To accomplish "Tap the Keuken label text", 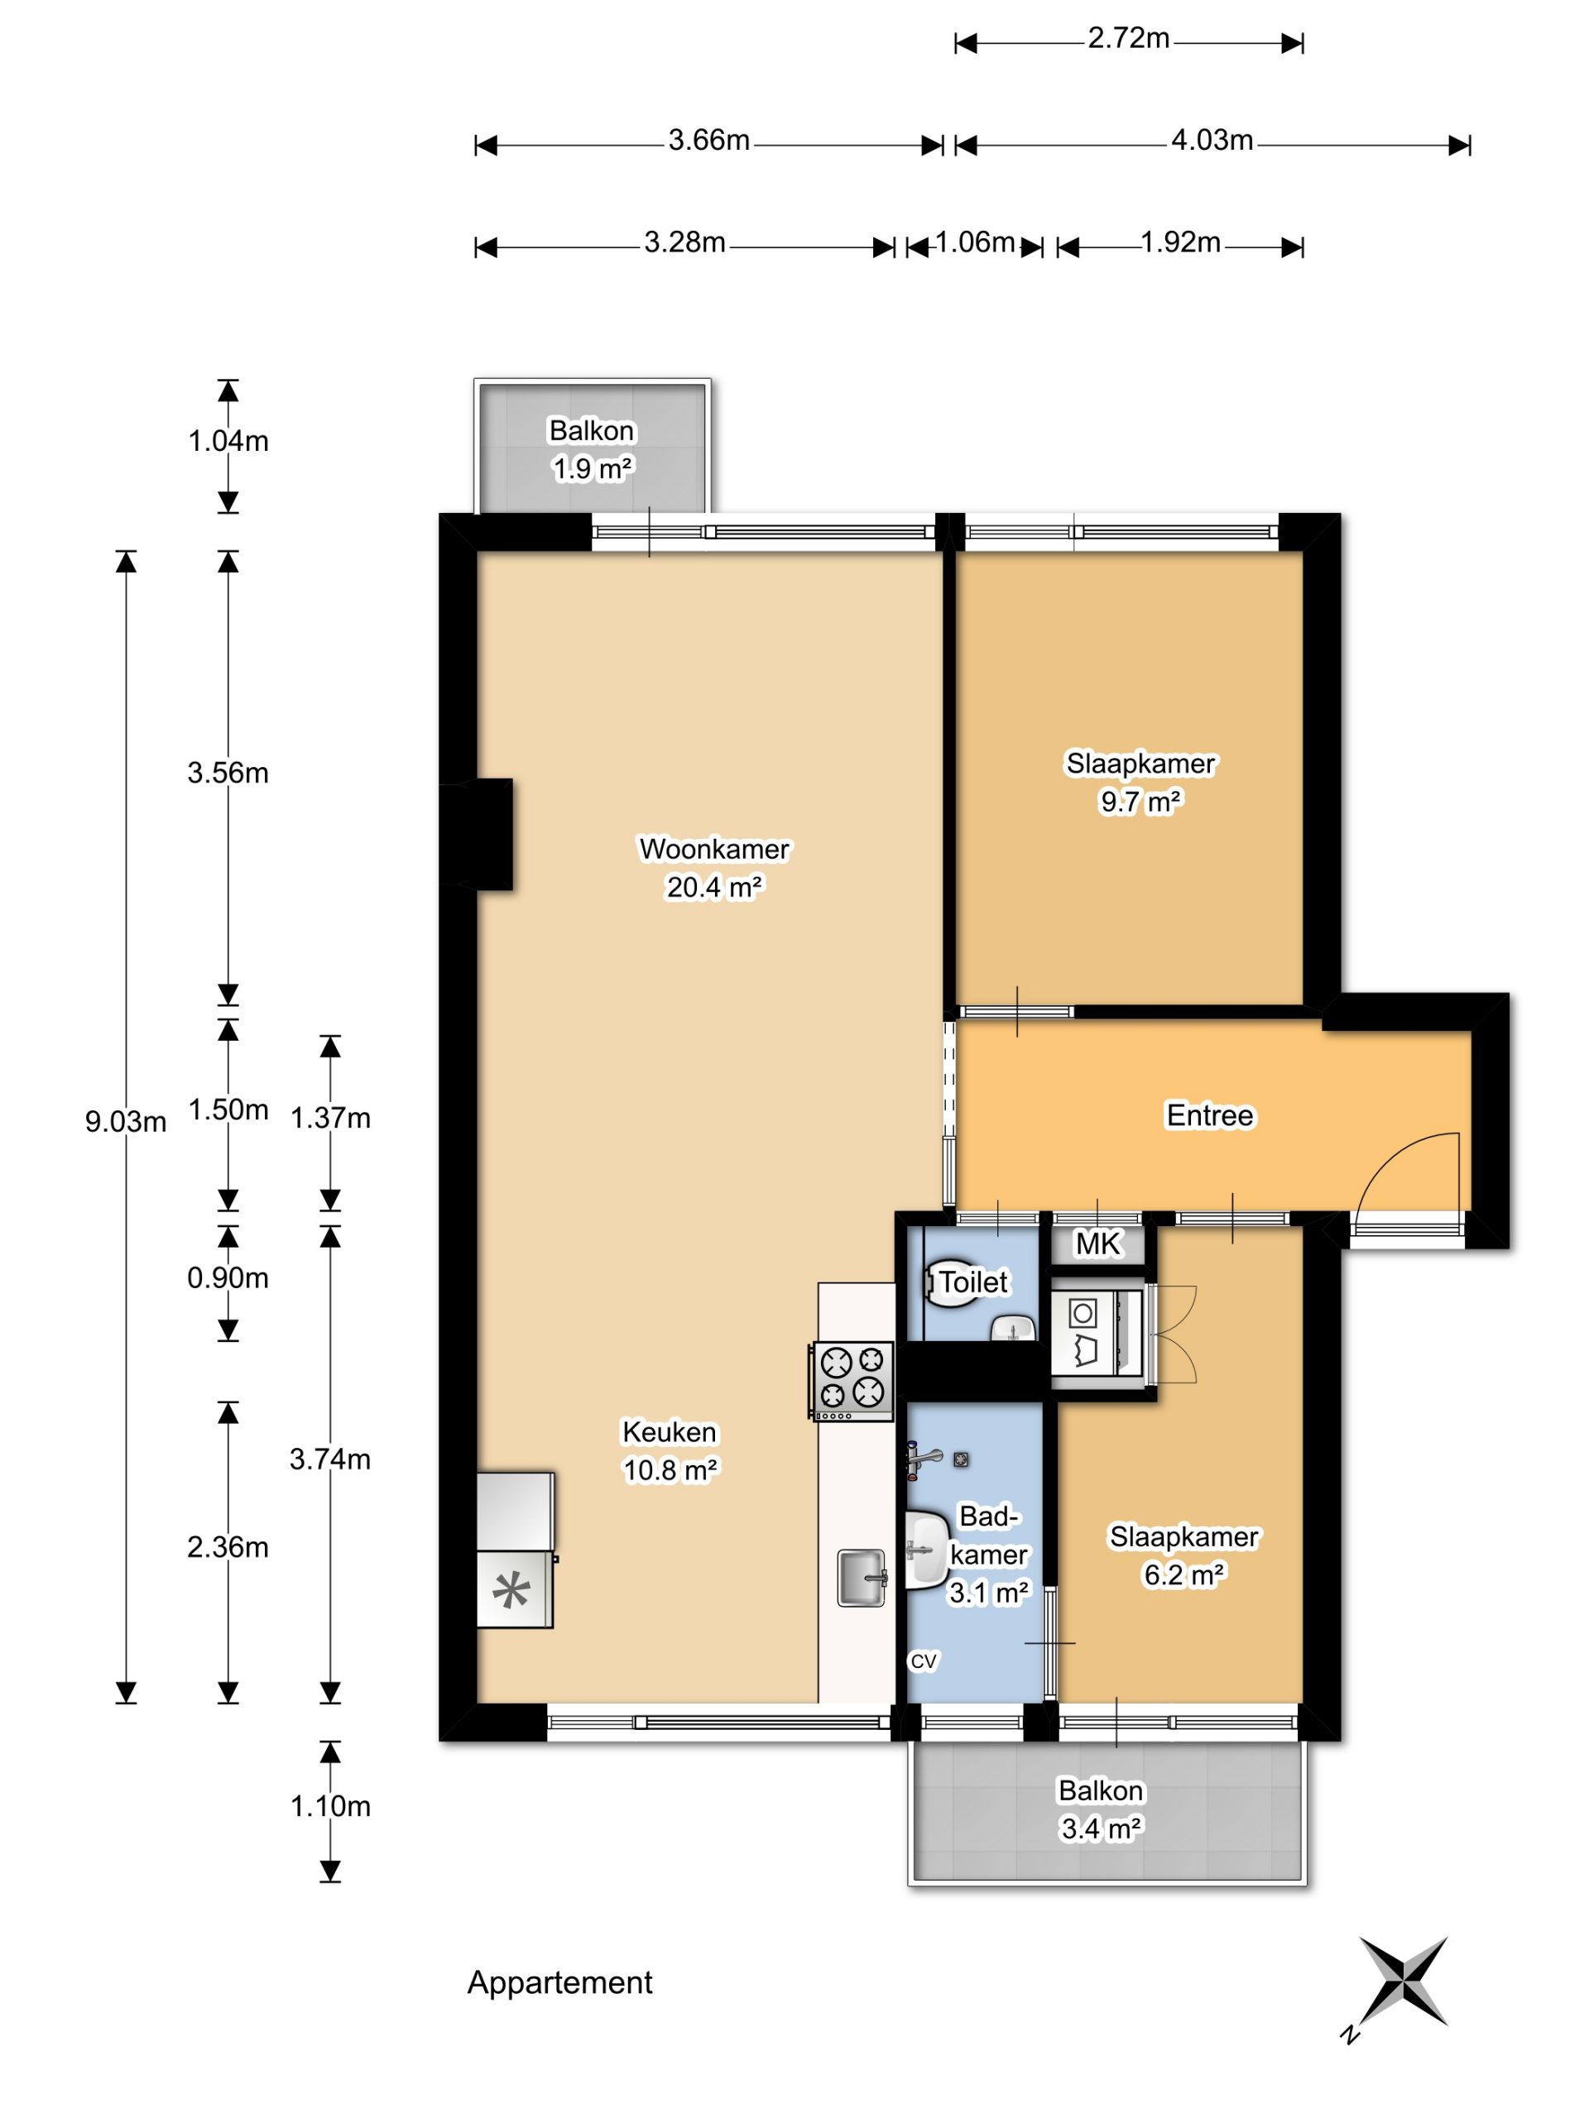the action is [x=670, y=1431].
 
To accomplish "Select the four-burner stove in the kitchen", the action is [x=852, y=1380].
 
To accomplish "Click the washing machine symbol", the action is [x=1096, y=1332].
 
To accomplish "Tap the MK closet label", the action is [x=1097, y=1243].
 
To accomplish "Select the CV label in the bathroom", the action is [x=923, y=1661].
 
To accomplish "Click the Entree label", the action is [x=1209, y=1115].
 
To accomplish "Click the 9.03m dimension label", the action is [x=126, y=1121].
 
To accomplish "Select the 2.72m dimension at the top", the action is [x=1128, y=38].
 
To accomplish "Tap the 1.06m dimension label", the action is [x=974, y=242].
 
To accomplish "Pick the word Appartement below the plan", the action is [x=559, y=1983].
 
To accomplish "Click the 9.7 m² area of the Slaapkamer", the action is [x=1140, y=802].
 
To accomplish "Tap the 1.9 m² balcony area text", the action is [x=592, y=468].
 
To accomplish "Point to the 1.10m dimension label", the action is [x=330, y=1806].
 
